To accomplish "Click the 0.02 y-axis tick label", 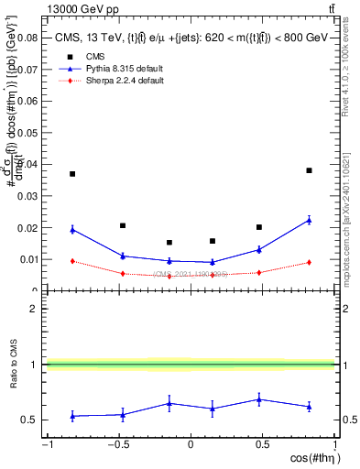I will (x=29, y=228).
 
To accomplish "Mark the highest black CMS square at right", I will (x=310, y=170).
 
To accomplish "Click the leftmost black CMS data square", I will (x=72, y=174).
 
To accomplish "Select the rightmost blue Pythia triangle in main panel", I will (x=310, y=220).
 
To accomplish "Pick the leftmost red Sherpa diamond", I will (x=72, y=261).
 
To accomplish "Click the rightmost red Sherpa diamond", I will (x=310, y=263).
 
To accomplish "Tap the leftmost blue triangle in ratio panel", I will (x=72, y=416).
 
